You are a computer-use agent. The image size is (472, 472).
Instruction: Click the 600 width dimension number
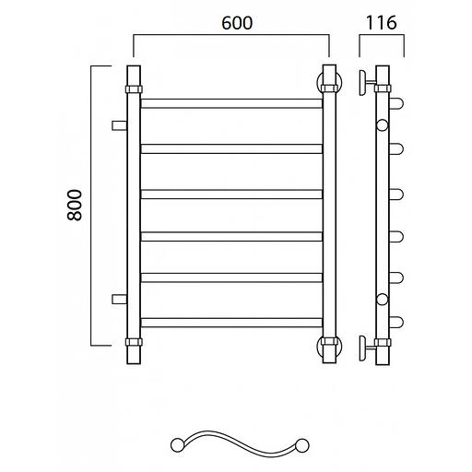pyautogui.click(x=237, y=23)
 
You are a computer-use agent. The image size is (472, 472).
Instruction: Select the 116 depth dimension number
pyautogui.click(x=381, y=23)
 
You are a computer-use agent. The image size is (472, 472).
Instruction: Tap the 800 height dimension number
pyautogui.click(x=75, y=205)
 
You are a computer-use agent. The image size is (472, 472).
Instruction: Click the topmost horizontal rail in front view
pyautogui.click(x=231, y=103)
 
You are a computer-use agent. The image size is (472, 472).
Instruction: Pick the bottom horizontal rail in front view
pyautogui.click(x=231, y=323)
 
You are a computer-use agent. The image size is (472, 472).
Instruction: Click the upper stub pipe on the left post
pyautogui.click(x=120, y=125)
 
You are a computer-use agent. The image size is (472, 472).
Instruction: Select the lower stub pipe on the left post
pyautogui.click(x=120, y=299)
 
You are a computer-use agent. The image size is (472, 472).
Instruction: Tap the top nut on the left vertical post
pyautogui.click(x=134, y=89)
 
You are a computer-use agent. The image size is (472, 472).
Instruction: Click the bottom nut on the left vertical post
pyautogui.click(x=134, y=342)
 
